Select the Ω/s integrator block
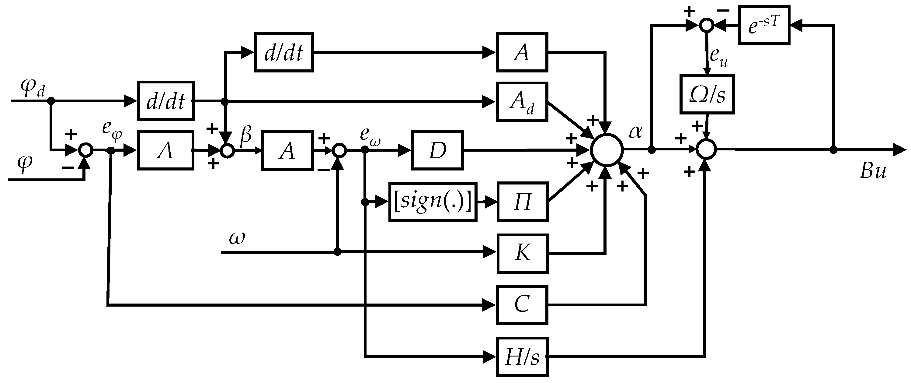click(x=707, y=94)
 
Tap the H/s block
click(x=522, y=357)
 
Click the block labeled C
click(x=522, y=305)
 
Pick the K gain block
click(x=523, y=253)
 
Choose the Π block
click(x=523, y=202)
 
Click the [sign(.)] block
click(x=433, y=202)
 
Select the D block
click(x=437, y=150)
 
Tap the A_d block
click(x=522, y=102)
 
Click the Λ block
click(x=165, y=150)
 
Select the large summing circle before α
click(x=607, y=150)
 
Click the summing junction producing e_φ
click(x=85, y=150)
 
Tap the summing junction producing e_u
click(x=706, y=25)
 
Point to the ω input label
click(x=237, y=238)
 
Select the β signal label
click(x=246, y=135)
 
